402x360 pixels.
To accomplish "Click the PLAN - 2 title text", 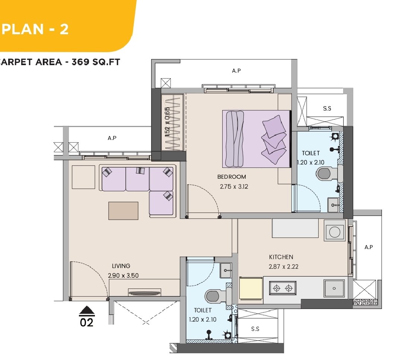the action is pos(35,29).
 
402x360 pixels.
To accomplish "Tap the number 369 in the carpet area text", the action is pos(80,62).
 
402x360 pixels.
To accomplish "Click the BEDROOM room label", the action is pos(232,177).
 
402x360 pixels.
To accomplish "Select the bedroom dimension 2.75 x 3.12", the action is pos(234,187).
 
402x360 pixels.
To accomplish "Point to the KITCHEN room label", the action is pos(281,257).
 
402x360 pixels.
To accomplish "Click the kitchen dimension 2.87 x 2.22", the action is pos(284,267).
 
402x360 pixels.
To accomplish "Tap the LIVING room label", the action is pos(121,266).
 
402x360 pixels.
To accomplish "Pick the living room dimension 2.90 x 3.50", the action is pos(123,275).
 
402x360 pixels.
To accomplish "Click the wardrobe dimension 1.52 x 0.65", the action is pos(167,122).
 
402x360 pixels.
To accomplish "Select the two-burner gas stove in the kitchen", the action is pos(283,288).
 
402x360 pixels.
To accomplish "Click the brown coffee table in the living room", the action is pos(123,211).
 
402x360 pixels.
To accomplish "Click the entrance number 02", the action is pos(87,322).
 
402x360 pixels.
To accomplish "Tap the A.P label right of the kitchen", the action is pos(368,247).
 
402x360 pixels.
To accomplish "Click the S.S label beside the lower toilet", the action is pos(255,329).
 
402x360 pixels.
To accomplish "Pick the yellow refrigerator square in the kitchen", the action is pos(251,288).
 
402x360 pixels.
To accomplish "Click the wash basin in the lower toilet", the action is pos(226,270).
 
